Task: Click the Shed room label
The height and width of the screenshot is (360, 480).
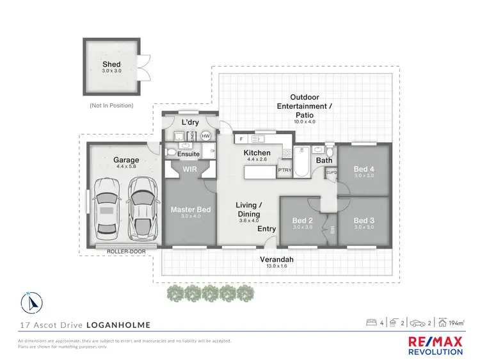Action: [111, 65]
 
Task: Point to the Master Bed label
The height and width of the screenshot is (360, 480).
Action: [190, 209]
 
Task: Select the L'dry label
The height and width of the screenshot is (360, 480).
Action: [190, 122]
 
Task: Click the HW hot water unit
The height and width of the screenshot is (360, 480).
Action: [206, 136]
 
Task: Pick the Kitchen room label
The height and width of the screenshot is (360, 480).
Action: [257, 153]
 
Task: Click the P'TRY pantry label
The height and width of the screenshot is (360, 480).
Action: [284, 170]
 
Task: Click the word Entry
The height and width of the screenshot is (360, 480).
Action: [266, 229]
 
